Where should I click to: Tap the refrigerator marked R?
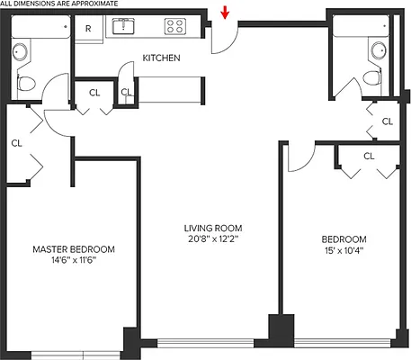[x=88, y=28]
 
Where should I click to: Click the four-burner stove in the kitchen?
[x=173, y=26]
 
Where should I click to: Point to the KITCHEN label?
[x=161, y=58]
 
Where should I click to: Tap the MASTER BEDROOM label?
[x=74, y=249]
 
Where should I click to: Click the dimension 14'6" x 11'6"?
[x=74, y=261]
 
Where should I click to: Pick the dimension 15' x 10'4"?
[x=344, y=251]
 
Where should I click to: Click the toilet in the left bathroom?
[x=27, y=84]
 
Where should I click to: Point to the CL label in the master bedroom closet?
[x=17, y=142]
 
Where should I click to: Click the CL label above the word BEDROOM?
[x=369, y=156]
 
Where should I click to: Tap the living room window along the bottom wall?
[x=214, y=342]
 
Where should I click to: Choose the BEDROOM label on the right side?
[x=344, y=238]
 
